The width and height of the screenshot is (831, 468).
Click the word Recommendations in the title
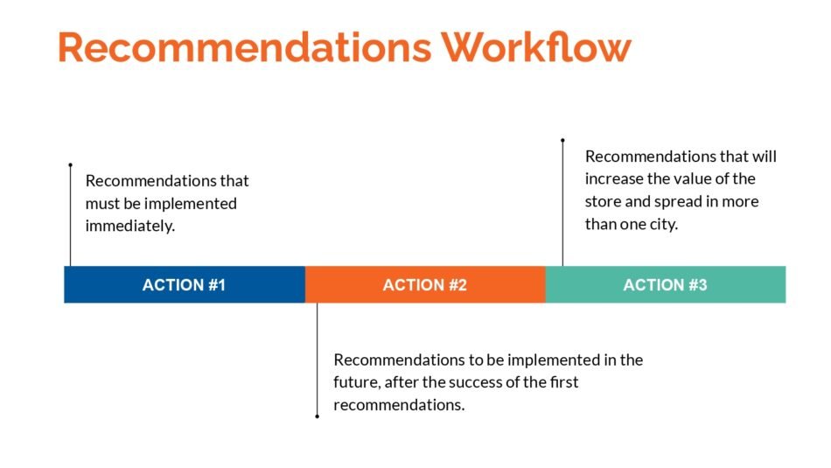[x=245, y=47]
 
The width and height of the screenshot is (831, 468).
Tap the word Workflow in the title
[x=536, y=47]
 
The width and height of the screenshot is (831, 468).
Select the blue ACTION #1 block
[x=185, y=284]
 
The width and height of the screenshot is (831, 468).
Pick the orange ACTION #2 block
[x=425, y=284]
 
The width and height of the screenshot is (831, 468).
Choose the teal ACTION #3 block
[x=666, y=284]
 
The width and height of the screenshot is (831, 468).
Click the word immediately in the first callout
[x=129, y=227]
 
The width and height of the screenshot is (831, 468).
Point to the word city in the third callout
[x=664, y=224]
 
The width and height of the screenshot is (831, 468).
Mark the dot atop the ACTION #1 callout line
[x=71, y=164]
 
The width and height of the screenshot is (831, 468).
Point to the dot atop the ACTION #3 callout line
[x=562, y=141]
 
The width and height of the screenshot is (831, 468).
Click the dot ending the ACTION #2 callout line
[x=317, y=416]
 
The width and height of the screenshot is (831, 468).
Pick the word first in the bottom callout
[x=564, y=382]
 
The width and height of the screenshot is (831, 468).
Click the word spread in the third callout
[x=676, y=202]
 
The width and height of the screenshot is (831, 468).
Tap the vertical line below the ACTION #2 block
[x=317, y=360]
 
